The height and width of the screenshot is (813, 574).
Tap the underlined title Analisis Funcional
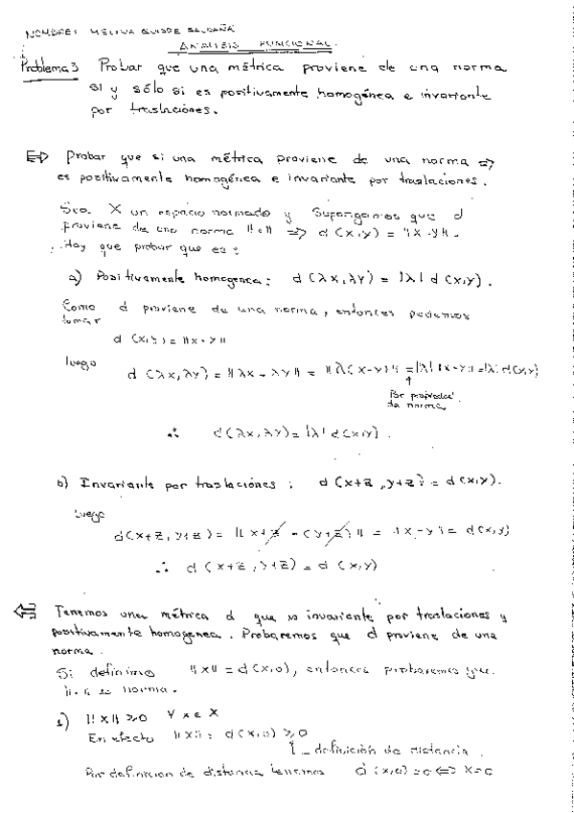point(256,43)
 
